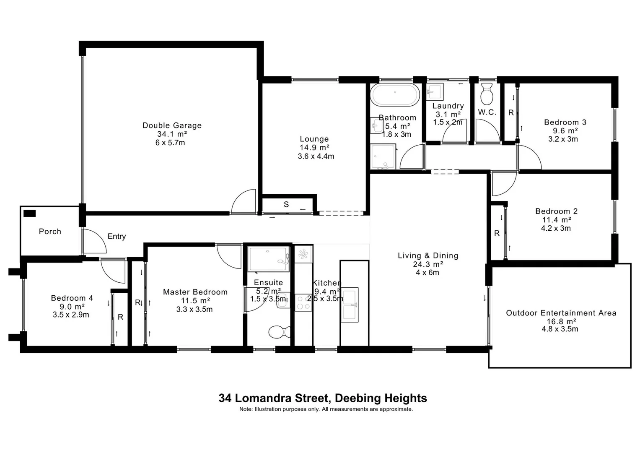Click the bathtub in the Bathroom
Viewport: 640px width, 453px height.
pos(394,95)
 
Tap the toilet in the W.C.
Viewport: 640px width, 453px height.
pos(487,94)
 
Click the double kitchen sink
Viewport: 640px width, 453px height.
pos(350,305)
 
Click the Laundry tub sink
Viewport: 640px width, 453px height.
pos(434,91)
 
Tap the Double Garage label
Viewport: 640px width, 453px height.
pos(172,125)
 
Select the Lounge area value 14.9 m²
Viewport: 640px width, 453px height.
pos(314,148)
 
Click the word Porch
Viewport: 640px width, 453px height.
pos(50,232)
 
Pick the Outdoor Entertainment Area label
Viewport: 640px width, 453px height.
pos(561,313)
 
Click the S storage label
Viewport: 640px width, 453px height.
pos(286,205)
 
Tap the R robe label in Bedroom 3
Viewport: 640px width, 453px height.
pos(511,113)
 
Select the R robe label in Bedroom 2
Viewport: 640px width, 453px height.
pos(497,233)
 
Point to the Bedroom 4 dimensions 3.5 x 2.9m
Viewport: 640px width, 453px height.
pos(71,315)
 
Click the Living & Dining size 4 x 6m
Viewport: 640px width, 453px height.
pos(428,273)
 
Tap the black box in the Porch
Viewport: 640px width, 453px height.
pos(30,213)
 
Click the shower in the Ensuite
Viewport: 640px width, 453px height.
pos(269,259)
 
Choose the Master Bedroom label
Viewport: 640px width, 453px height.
pos(195,292)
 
